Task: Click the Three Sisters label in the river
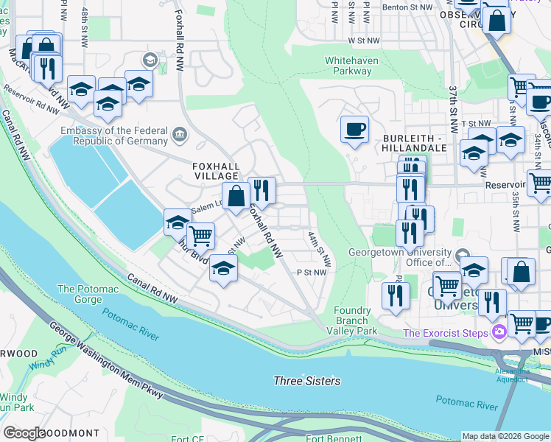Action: point(307,381)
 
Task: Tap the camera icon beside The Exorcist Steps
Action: point(500,332)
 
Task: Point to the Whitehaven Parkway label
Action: point(348,66)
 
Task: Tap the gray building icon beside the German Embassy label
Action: point(180,134)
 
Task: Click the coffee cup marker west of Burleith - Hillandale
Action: point(354,130)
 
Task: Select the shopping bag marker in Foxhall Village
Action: point(236,197)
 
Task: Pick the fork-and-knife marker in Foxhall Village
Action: point(262,191)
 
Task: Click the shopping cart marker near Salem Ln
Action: point(200,236)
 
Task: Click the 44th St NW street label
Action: point(319,248)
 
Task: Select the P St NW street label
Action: point(311,272)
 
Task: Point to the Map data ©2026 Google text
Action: point(505,436)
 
